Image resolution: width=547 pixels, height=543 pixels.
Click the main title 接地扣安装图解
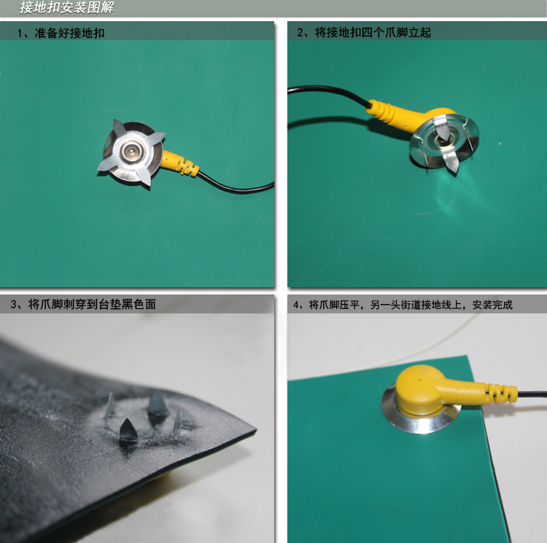[66, 7]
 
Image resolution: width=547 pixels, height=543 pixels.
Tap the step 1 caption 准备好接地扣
[69, 33]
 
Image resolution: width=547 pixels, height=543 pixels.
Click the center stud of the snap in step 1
[131, 152]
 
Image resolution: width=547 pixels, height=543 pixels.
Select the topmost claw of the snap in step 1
[119, 128]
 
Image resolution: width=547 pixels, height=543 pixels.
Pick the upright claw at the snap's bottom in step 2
[451, 163]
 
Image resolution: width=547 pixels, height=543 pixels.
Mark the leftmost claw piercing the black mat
[110, 405]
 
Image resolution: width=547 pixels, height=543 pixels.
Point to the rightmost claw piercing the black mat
[177, 422]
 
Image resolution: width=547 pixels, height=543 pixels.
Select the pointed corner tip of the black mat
[257, 431]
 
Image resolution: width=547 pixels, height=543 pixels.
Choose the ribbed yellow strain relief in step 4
[501, 393]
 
